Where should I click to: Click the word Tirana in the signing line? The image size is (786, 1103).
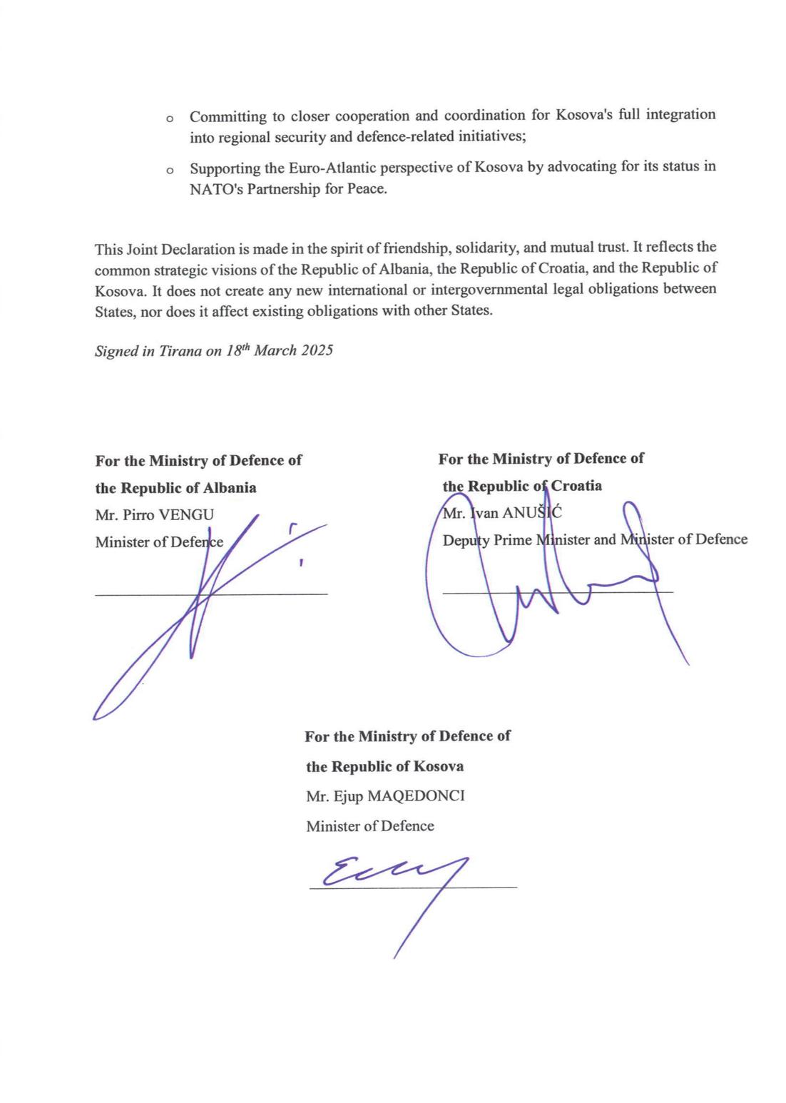tap(180, 352)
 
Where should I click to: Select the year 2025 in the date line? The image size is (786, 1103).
tap(317, 351)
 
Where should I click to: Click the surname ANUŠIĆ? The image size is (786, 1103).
tap(531, 512)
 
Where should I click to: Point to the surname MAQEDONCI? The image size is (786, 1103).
tap(416, 796)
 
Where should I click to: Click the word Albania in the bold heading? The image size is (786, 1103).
tap(230, 489)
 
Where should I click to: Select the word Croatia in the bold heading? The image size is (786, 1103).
tap(576, 486)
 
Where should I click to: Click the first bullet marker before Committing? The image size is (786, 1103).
tap(170, 118)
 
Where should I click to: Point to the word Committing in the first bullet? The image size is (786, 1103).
tap(228, 116)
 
